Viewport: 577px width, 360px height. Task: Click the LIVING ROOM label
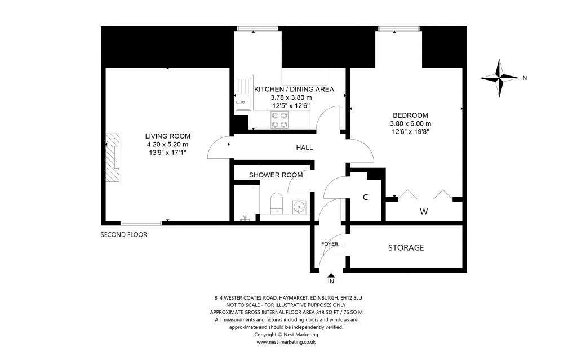(x=167, y=136)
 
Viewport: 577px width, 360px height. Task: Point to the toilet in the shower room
(x=276, y=203)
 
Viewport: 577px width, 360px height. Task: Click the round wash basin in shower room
(x=298, y=207)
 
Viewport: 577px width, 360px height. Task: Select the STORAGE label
(x=406, y=248)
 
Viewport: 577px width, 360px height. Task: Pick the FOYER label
(x=330, y=244)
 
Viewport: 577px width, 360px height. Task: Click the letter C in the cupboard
(x=365, y=198)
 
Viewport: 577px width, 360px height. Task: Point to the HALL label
(x=304, y=148)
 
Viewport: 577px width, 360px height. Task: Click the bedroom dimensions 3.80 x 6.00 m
(x=410, y=124)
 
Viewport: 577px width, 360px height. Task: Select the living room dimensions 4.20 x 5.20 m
(x=167, y=144)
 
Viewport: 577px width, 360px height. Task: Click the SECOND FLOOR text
(x=123, y=235)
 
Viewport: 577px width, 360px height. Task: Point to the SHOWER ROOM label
(x=276, y=175)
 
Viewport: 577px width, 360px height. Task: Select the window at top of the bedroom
(x=398, y=28)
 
